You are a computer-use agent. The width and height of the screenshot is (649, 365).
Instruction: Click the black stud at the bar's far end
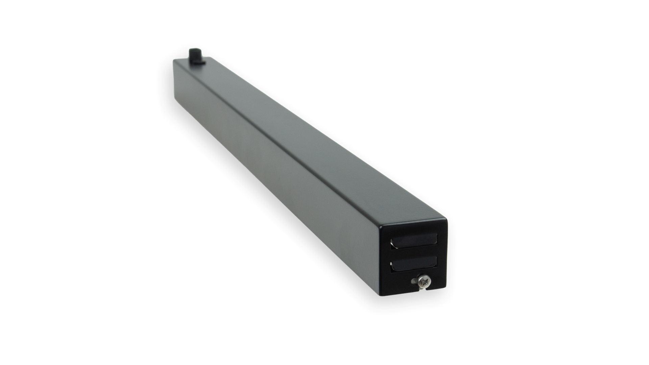195,56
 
